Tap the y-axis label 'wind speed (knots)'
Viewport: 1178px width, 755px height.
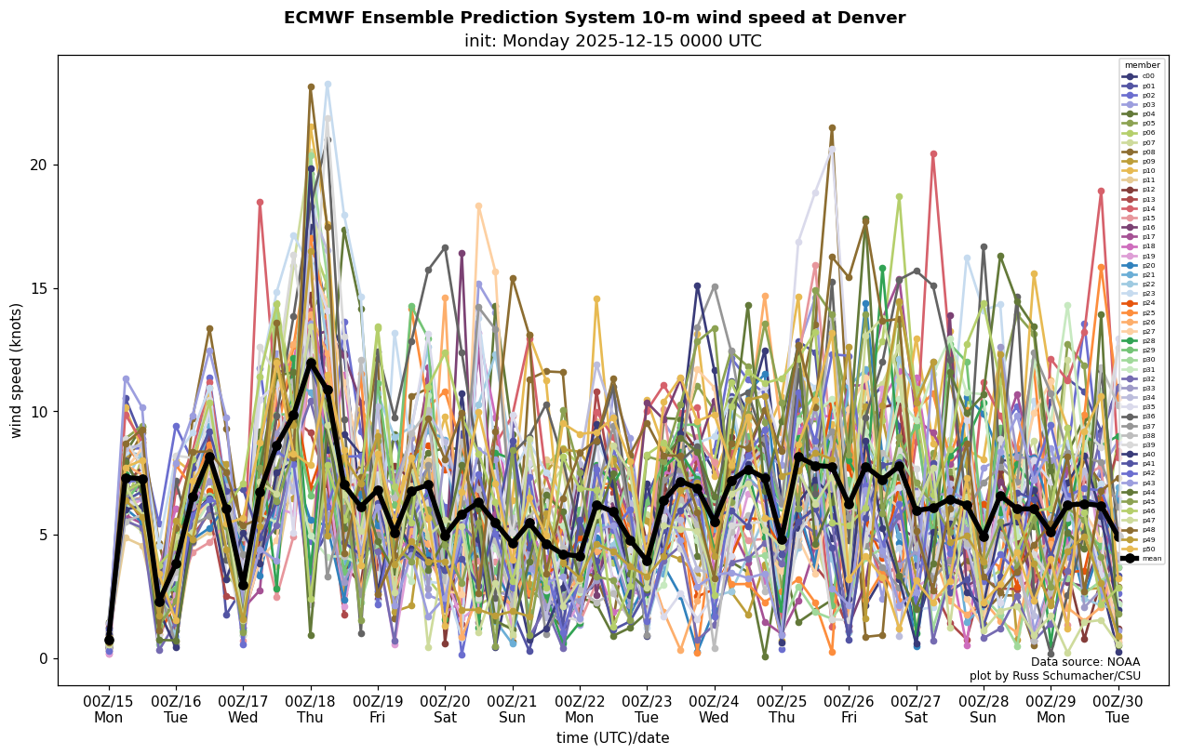pos(16,370)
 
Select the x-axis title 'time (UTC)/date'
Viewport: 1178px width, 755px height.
pos(612,737)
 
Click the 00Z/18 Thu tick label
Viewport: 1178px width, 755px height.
pos(311,709)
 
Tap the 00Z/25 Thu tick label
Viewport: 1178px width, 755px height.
pos(782,709)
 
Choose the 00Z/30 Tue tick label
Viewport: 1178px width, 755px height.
pos(1118,709)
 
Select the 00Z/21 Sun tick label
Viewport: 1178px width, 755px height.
pos(513,709)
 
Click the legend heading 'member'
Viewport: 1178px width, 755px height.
pos(1143,65)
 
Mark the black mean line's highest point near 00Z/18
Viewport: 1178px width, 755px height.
pos(311,363)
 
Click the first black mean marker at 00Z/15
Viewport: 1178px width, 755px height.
pos(109,640)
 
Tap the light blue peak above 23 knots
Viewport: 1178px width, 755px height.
pos(328,85)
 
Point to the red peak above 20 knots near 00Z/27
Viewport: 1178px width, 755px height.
pos(933,154)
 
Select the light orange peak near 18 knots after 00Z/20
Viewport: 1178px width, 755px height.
pos(479,206)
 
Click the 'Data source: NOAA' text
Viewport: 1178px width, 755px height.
pos(1085,662)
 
